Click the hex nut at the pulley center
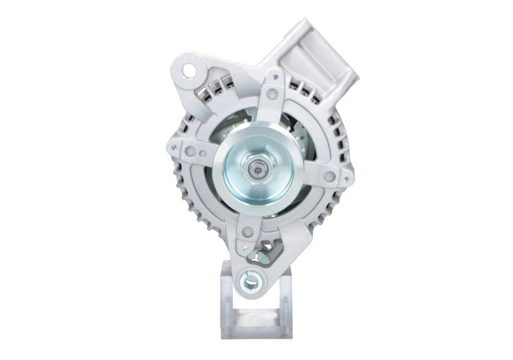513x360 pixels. [258, 171]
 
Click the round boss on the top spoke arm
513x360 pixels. [273, 94]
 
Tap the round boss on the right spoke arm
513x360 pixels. [330, 176]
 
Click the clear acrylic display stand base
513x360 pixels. [256, 323]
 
